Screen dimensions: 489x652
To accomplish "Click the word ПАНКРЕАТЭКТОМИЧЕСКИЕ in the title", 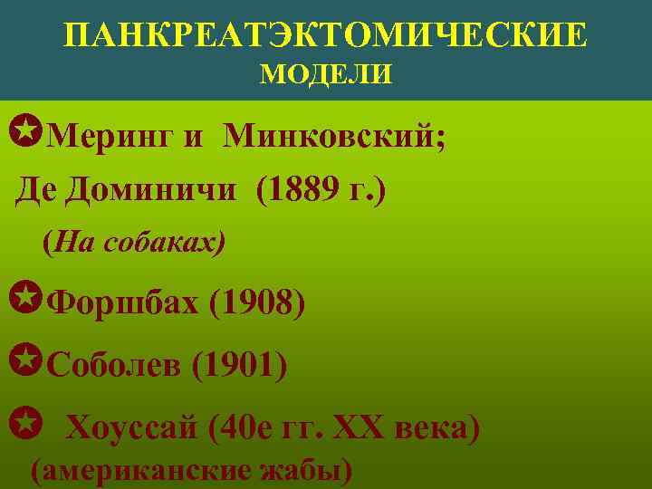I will click(326, 35).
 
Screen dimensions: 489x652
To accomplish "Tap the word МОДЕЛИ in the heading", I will click(326, 73).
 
